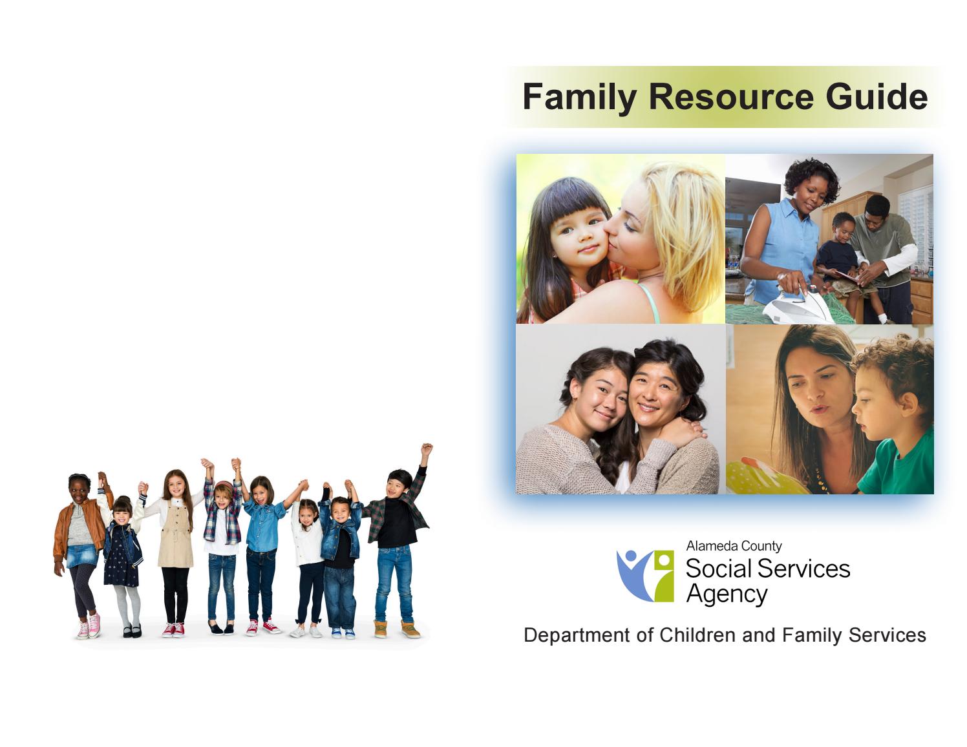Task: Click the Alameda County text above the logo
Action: click(x=734, y=546)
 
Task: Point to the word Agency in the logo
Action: click(x=727, y=594)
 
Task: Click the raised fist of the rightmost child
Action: click(x=426, y=448)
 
